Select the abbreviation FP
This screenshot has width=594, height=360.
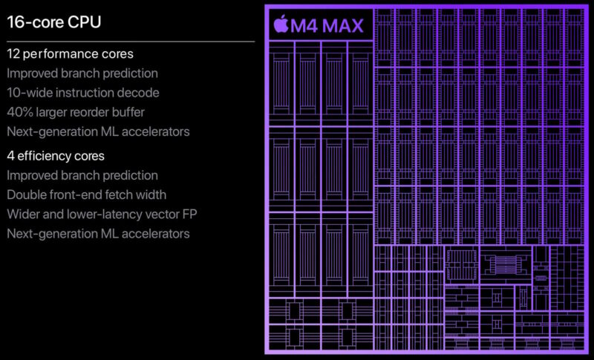189,215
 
